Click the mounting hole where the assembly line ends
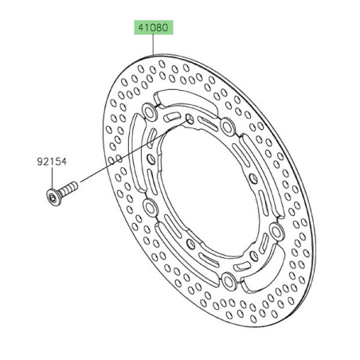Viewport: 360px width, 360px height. click(189, 119)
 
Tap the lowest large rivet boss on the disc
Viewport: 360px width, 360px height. click(229, 280)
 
